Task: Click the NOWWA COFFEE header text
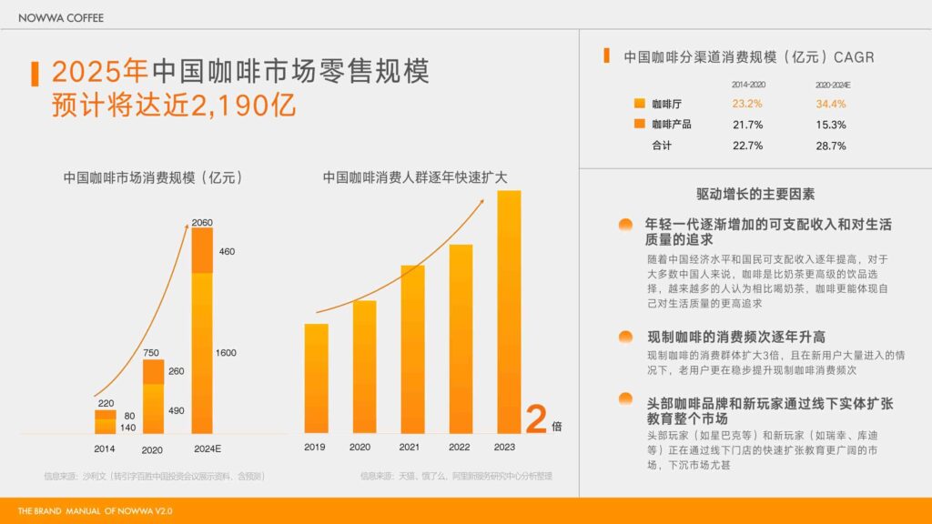click(x=60, y=17)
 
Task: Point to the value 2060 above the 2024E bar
click(x=202, y=222)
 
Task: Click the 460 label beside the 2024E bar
click(x=227, y=251)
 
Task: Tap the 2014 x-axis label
click(x=105, y=448)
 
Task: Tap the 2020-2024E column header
click(x=831, y=85)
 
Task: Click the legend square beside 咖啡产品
click(x=639, y=125)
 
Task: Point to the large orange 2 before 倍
click(x=537, y=419)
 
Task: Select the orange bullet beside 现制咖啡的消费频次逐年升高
click(x=625, y=337)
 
